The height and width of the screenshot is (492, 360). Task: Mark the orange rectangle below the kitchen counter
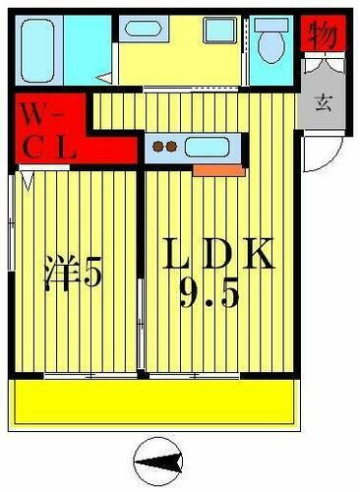218,170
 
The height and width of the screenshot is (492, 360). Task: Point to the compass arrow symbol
161,458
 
